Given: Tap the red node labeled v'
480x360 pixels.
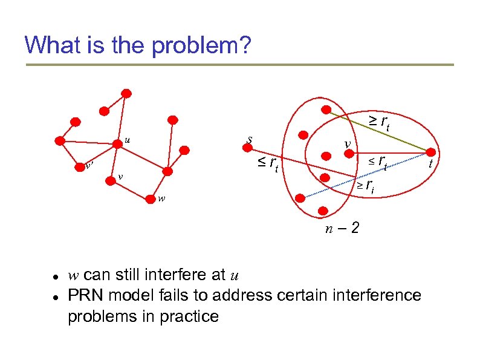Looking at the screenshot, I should (x=79, y=165).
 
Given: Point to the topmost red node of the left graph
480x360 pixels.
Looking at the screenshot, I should (x=126, y=93).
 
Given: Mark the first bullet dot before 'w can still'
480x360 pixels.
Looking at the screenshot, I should (x=54, y=276).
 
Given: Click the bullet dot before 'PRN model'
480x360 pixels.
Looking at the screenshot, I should (x=54, y=296).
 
